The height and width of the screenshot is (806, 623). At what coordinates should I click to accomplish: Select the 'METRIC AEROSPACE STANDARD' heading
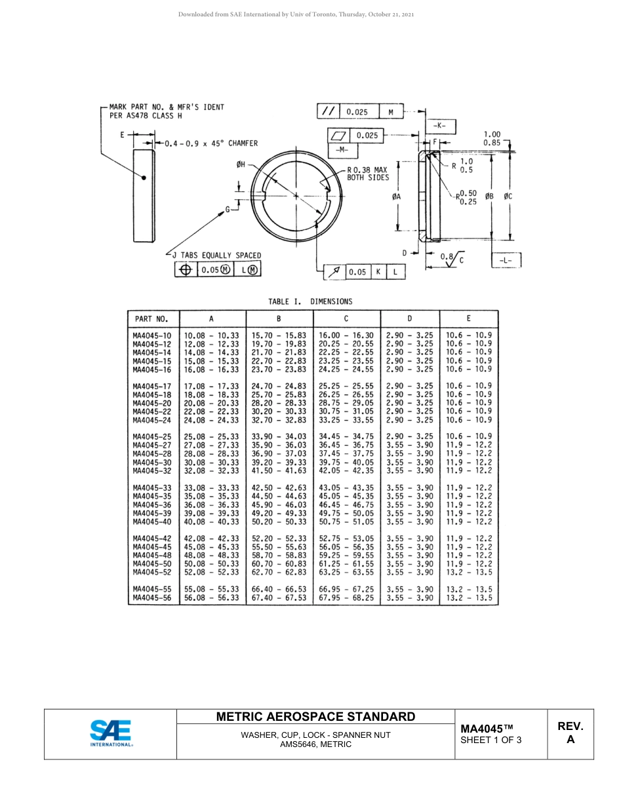pyautogui.click(x=315, y=716)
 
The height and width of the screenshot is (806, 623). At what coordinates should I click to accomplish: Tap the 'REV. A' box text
pyautogui.click(x=570, y=733)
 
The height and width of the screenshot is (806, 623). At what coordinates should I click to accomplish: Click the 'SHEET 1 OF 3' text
pyautogui.click(x=491, y=740)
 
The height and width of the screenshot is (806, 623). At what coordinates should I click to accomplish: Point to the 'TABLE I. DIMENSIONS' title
pyautogui.click(x=310, y=301)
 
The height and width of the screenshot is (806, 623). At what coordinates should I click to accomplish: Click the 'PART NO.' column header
pyautogui.click(x=152, y=319)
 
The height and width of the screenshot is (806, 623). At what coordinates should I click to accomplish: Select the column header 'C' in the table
pyautogui.click(x=346, y=319)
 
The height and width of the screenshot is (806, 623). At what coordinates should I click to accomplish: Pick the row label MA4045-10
pyautogui.click(x=152, y=335)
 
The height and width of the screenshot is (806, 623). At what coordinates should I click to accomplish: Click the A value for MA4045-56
pyautogui.click(x=212, y=598)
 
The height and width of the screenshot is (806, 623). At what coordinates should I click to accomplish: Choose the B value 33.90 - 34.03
pyautogui.click(x=279, y=436)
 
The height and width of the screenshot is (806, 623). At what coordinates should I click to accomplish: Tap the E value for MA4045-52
pyautogui.click(x=468, y=572)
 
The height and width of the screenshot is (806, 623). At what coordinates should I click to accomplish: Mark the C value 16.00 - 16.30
pyautogui.click(x=346, y=335)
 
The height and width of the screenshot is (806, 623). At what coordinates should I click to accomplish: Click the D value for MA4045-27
pyautogui.click(x=409, y=445)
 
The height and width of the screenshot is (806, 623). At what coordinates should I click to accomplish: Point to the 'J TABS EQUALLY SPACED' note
pyautogui.click(x=216, y=255)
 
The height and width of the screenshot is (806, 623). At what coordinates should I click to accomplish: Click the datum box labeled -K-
pyautogui.click(x=441, y=126)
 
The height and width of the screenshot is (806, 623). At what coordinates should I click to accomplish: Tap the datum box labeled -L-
pyautogui.click(x=506, y=260)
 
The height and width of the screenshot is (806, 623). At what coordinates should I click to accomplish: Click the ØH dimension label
pyautogui.click(x=241, y=165)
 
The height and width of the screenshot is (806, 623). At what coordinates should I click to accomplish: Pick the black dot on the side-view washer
pyautogui.click(x=144, y=177)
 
